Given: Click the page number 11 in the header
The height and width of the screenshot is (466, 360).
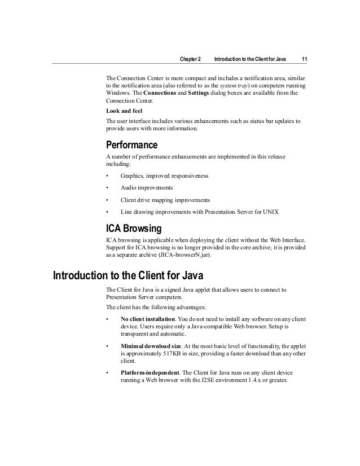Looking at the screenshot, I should (x=304, y=60).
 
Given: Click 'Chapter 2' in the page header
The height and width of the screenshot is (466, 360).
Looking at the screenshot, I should (x=190, y=60).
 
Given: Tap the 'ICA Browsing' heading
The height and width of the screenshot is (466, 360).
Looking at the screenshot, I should (x=134, y=229).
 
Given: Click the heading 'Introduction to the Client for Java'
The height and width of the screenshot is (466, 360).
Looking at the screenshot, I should (x=128, y=276).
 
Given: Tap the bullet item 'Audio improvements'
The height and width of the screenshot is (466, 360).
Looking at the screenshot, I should (x=147, y=187).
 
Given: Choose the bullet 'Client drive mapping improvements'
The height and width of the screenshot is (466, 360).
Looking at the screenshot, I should (x=165, y=200).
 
